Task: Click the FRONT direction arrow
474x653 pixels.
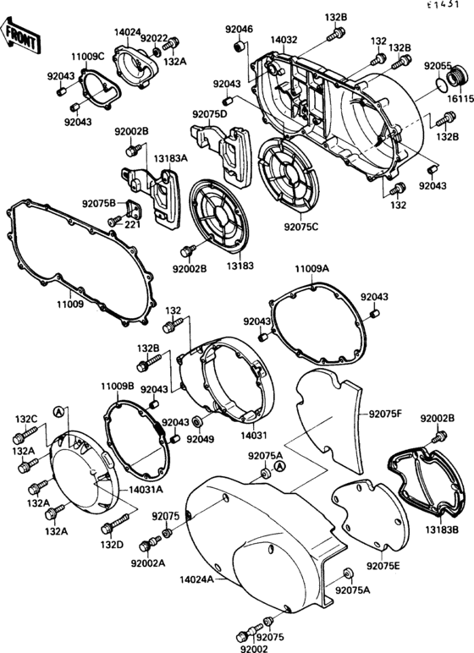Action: (20, 35)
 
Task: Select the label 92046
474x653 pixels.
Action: (239, 30)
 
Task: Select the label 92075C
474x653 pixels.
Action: (301, 227)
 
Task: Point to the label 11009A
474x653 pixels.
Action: (311, 268)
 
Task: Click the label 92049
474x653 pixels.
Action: (201, 439)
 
